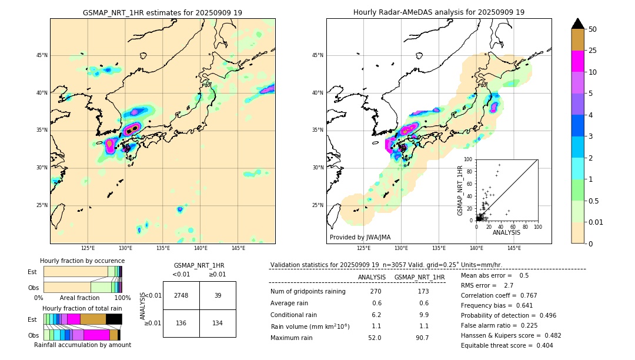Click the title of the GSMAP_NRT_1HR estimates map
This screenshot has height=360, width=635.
click(162, 12)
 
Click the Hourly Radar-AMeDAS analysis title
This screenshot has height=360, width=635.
click(439, 12)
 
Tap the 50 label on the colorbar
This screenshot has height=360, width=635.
click(593, 29)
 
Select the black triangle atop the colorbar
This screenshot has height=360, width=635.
click(578, 24)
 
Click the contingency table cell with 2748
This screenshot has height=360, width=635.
click(181, 295)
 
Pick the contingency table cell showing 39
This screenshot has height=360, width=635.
click(218, 295)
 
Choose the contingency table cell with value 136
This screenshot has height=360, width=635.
click(181, 323)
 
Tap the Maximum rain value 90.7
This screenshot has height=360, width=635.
click(422, 338)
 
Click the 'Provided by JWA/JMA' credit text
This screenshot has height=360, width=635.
click(360, 237)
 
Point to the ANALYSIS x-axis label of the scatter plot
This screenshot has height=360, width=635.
click(506, 232)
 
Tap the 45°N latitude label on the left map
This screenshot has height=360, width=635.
click(42, 55)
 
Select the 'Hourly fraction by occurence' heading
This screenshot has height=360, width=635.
click(82, 261)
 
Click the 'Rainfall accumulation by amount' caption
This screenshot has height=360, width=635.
click(82, 345)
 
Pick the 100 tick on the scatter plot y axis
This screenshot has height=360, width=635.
click(469, 159)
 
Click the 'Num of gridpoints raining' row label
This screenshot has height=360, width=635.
click(308, 291)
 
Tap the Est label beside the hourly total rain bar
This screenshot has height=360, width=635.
click(32, 319)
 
